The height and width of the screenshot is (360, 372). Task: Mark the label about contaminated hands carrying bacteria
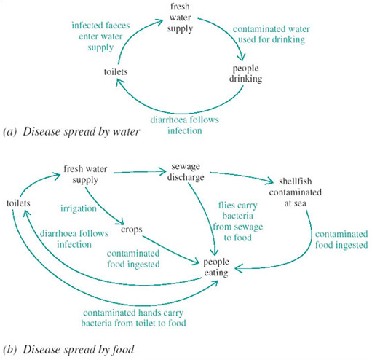tap(138, 316)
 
